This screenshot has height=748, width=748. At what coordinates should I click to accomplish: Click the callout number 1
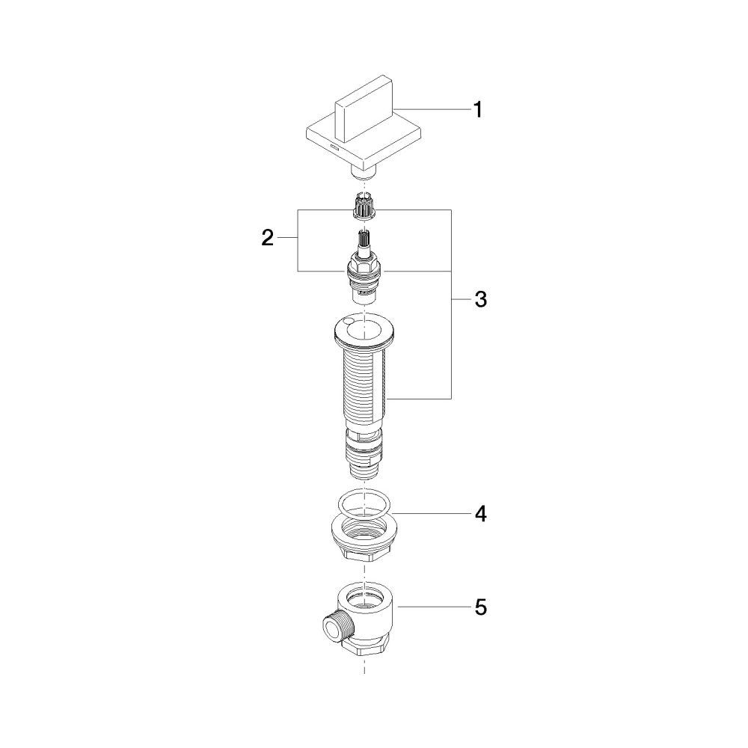tap(477, 110)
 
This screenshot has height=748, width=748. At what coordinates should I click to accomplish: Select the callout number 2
tap(268, 238)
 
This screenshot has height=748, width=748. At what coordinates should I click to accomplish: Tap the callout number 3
tap(480, 300)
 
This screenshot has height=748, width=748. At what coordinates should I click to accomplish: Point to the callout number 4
tap(480, 514)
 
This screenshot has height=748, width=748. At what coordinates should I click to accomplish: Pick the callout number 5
tap(480, 607)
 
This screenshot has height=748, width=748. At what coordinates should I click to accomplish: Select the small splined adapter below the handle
tap(365, 206)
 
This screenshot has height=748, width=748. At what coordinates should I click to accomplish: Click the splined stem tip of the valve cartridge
tap(365, 239)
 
